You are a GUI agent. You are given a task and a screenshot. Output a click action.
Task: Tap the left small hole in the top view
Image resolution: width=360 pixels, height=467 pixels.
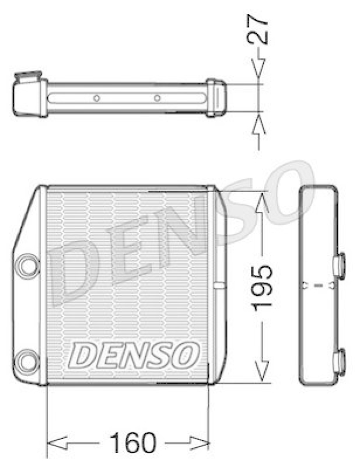pos(97,98)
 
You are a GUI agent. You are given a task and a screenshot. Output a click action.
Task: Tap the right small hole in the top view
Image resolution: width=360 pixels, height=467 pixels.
pos(157,98)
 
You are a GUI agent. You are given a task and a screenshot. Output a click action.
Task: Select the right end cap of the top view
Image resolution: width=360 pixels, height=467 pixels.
pos(216,97)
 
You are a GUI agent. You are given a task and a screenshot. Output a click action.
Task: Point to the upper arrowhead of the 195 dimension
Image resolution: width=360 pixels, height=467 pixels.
pos(261,203)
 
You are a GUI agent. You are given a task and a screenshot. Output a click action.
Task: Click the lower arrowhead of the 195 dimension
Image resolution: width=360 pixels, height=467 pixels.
pos(261,368)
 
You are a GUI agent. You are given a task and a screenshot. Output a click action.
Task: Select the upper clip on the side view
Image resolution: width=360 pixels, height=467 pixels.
pos(339,263)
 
